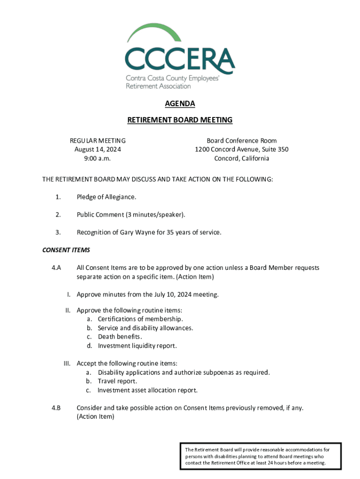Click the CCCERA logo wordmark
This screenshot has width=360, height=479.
180,58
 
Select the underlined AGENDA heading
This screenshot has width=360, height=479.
180,103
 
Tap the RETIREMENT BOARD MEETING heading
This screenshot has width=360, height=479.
180,120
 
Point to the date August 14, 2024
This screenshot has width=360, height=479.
98,150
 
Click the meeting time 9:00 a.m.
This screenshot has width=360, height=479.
98,159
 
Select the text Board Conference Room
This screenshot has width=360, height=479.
242,141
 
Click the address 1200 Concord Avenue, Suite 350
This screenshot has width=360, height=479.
242,150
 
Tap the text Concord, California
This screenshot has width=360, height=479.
242,159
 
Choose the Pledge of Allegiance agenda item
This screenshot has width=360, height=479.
106,197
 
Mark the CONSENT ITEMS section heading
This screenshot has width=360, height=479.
66,250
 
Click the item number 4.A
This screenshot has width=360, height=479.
57,268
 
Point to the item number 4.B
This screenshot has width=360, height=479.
57,408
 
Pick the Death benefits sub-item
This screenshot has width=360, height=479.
120,337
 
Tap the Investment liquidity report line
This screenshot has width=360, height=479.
137,346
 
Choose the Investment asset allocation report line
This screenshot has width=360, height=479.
147,390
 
